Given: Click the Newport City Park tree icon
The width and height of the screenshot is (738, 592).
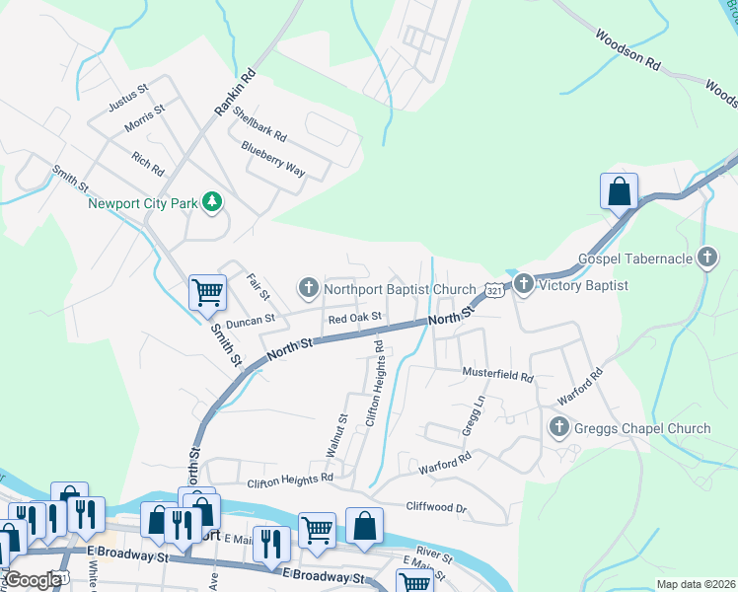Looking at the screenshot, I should (x=211, y=203).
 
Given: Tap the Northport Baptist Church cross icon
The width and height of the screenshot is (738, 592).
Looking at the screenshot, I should (x=308, y=288).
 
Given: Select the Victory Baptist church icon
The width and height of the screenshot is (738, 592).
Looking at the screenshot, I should (x=523, y=285).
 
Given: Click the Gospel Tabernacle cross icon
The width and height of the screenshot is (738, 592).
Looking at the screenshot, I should (x=706, y=259).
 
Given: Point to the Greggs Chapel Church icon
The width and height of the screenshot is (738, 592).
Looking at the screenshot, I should (x=558, y=427).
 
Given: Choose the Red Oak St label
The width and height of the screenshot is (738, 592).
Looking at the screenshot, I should (x=354, y=320).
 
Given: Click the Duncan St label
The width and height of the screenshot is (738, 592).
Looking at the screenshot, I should (x=249, y=321).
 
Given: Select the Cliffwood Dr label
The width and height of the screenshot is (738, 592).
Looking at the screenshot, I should (x=436, y=507).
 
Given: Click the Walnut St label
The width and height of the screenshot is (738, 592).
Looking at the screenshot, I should (x=336, y=435).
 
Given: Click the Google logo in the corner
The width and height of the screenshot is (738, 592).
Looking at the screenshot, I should (x=33, y=579).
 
